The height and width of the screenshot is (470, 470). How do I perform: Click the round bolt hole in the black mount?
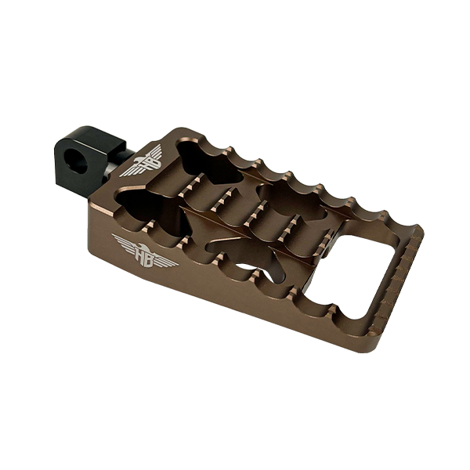pos(77,163)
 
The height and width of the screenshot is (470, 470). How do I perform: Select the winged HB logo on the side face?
pos(145,251)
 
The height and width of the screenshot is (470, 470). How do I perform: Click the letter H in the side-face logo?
pos(140,254)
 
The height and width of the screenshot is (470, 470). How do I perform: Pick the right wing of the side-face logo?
pos(166,262)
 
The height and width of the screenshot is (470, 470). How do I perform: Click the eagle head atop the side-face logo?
pos(143,246)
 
